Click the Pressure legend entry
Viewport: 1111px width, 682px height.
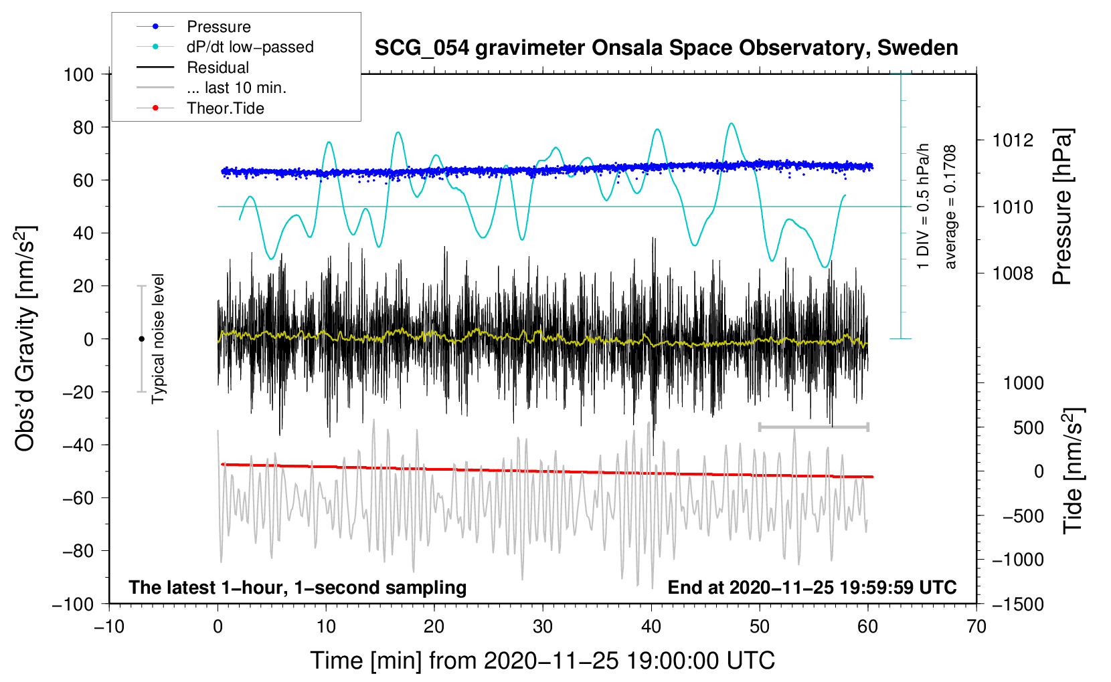coord(218,27)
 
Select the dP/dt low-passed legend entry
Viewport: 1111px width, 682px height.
coord(250,47)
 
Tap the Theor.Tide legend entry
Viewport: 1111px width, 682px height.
coord(225,108)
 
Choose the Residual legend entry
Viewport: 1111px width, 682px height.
coord(218,68)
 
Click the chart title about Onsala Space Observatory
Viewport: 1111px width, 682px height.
coord(666,48)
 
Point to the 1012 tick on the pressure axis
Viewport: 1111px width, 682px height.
coord(1013,140)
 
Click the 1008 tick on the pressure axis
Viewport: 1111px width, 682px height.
coord(1013,273)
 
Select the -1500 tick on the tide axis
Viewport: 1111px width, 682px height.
coord(1017,604)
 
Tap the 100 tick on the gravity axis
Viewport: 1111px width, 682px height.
coord(78,74)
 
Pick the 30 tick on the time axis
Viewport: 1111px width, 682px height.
coord(543,627)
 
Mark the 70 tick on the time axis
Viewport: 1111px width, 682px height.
coord(976,627)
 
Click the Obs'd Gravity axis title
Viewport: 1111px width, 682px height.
coord(25,338)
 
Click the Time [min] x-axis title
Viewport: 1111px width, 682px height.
coord(543,661)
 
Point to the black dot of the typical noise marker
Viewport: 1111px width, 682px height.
coord(141,339)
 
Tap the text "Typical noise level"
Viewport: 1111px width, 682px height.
coord(158,338)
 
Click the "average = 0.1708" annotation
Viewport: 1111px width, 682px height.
coord(950,207)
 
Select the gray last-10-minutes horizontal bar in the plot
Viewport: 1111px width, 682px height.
coord(813,427)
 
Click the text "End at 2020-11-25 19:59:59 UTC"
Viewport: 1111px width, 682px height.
coord(812,588)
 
